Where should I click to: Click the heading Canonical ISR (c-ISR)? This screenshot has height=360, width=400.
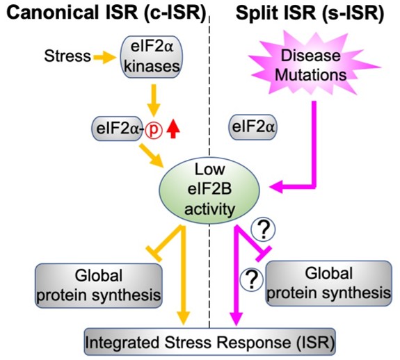coord(106,13)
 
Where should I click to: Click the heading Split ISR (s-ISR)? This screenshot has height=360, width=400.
coord(310,13)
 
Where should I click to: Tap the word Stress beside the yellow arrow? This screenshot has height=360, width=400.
coord(67,56)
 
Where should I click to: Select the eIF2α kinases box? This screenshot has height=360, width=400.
coord(152,56)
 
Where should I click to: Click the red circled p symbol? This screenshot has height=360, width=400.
coord(154,131)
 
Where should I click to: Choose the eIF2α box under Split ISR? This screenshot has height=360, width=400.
coord(253,127)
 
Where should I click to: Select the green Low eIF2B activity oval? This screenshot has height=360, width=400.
coord(209,190)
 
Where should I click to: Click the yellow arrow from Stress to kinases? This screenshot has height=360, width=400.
coord(104,57)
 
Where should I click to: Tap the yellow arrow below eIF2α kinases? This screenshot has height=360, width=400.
coord(154,100)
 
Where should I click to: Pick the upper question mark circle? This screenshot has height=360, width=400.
coord(263,229)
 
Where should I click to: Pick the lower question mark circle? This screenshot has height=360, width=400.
coord(252,280)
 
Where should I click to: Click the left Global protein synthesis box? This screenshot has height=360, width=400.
coord(99,286)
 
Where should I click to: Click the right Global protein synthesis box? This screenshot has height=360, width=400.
coord(329,283)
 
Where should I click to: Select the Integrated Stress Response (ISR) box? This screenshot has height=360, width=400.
coord(209,342)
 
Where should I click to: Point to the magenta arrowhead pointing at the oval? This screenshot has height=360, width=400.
coord(276,187)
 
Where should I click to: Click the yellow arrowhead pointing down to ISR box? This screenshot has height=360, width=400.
coord(183,318)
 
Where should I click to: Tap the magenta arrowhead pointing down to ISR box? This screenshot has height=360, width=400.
coord(236,318)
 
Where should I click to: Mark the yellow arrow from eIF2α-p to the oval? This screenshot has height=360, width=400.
coord(151,156)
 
